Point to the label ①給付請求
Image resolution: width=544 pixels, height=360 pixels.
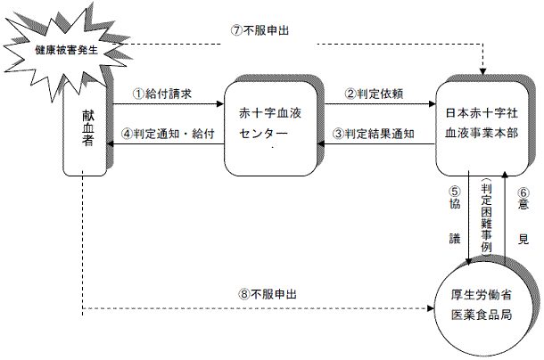[x=163, y=92]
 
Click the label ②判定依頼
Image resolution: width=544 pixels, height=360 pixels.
[x=374, y=92]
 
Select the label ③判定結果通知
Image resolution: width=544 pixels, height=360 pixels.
[x=374, y=134]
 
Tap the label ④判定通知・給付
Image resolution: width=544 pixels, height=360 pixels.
[x=169, y=134]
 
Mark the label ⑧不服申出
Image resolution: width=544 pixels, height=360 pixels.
[x=267, y=293]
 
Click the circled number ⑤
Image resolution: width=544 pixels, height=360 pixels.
[x=453, y=190]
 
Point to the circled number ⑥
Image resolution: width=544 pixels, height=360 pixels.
[x=523, y=190]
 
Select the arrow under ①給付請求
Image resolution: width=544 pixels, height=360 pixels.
[x=164, y=104]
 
